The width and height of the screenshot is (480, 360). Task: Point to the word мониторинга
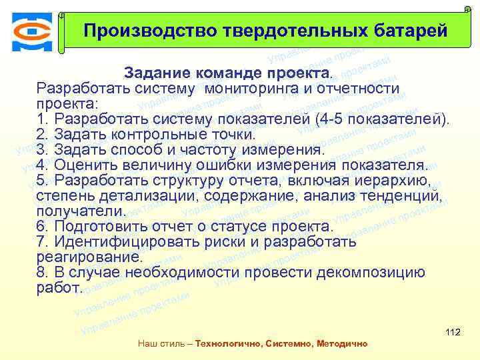pyautogui.click(x=254, y=88)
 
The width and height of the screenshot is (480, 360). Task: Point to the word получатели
pyautogui.click(x=80, y=211)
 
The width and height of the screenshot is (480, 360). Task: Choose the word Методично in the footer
pyautogui.click(x=343, y=344)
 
